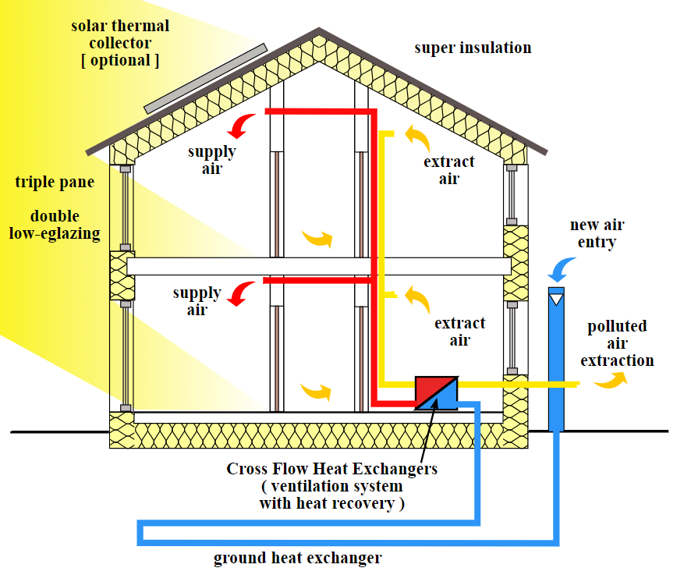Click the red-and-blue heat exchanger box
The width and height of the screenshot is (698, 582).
[436, 392]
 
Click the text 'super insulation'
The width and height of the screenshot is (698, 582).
[473, 48]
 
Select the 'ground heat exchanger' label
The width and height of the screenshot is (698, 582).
[298, 558]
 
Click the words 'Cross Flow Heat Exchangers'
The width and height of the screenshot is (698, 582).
[332, 469]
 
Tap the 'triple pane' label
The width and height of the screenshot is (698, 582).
[55, 183]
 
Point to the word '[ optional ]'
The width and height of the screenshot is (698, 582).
[120, 61]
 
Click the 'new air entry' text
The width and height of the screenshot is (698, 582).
[597, 233]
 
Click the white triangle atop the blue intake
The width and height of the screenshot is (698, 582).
[556, 297]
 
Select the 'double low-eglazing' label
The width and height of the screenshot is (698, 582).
[55, 225]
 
